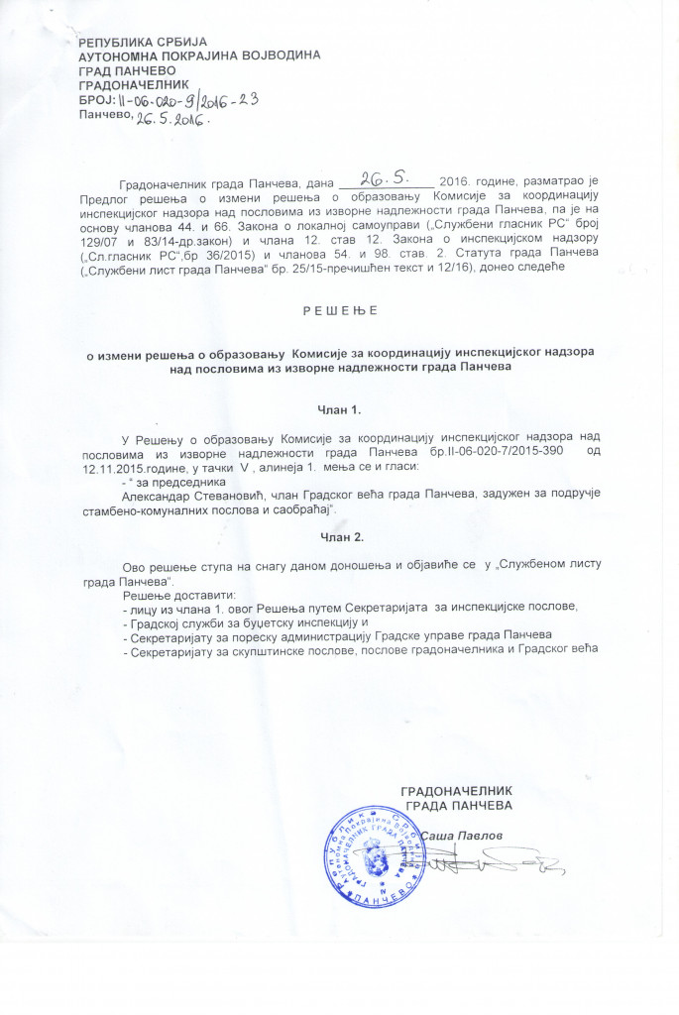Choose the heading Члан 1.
340,407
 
